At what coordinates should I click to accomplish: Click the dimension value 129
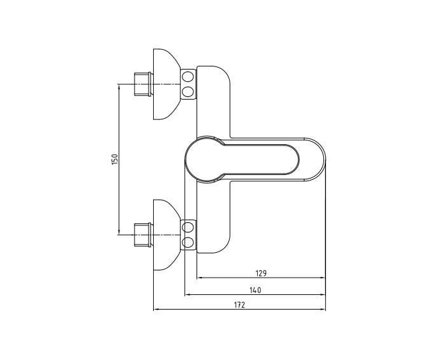pos(260,273)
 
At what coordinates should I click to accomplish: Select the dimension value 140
pos(255,289)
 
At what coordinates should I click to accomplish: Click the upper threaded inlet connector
pos(142,84)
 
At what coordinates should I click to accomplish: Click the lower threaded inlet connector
pos(142,234)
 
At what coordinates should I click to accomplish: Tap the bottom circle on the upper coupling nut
pos(188,92)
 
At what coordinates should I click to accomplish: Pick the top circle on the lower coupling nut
pos(188,227)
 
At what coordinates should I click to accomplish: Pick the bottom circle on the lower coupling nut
pos(188,242)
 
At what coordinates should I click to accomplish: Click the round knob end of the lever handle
pos(204,160)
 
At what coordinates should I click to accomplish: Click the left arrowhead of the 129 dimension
pos(199,278)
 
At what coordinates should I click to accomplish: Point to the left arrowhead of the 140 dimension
pos(186,295)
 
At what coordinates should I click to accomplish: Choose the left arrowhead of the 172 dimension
pos(156,310)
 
